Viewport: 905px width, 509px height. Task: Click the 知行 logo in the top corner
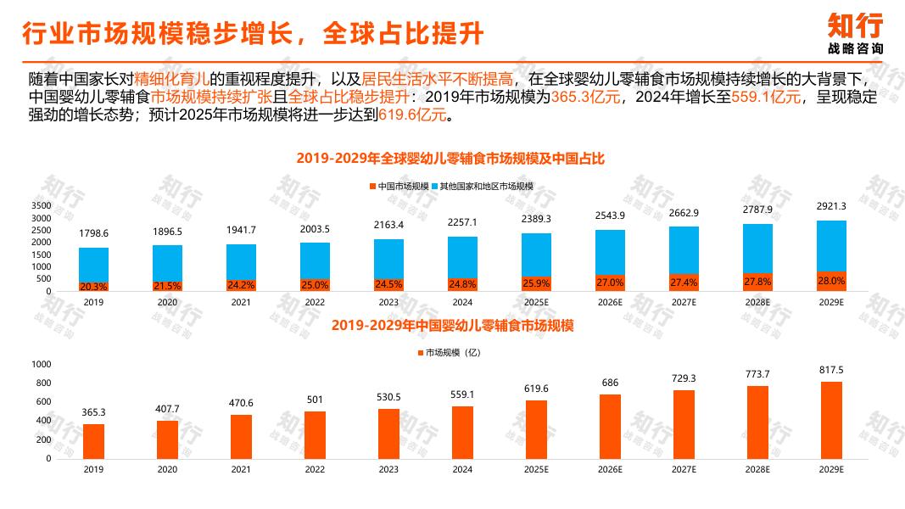[x=854, y=32]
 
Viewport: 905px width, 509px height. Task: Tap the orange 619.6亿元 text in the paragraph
[x=412, y=115]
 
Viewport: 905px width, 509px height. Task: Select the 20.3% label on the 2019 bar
[x=93, y=287]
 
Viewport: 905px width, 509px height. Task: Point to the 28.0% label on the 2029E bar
[x=831, y=281]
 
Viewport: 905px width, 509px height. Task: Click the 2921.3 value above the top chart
[x=831, y=207]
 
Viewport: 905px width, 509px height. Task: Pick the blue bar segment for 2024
[x=462, y=255]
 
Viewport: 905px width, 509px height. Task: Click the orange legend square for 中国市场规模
[x=372, y=186]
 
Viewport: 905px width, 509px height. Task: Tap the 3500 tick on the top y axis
[x=41, y=206]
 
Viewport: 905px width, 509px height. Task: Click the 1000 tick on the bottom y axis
[x=41, y=364]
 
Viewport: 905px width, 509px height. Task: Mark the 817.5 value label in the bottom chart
[x=831, y=370]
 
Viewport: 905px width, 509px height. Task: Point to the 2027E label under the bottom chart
[x=684, y=469]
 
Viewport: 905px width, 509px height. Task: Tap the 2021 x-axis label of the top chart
[x=241, y=302]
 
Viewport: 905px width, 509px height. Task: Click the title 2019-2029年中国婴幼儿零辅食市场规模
[x=453, y=325]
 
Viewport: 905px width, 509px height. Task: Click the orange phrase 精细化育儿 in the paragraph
[x=172, y=79]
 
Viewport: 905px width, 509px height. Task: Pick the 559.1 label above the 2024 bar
[x=462, y=394]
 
